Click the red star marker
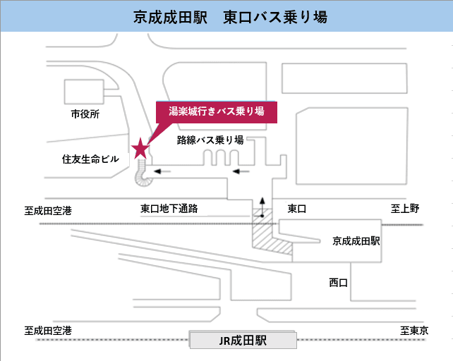tap(140, 147)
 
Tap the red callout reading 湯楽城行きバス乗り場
tap(215, 112)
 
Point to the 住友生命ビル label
tap(91, 159)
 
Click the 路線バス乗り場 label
tap(210, 140)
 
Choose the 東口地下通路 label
tap(169, 209)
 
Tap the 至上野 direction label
tap(405, 209)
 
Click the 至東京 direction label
tap(415, 330)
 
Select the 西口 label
tap(339, 282)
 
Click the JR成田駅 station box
tap(243, 341)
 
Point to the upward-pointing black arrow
tap(262, 207)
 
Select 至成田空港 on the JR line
tap(48, 330)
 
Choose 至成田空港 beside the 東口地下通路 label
tap(48, 209)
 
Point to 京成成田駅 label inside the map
tap(356, 240)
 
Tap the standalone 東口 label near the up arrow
tap(298, 209)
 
